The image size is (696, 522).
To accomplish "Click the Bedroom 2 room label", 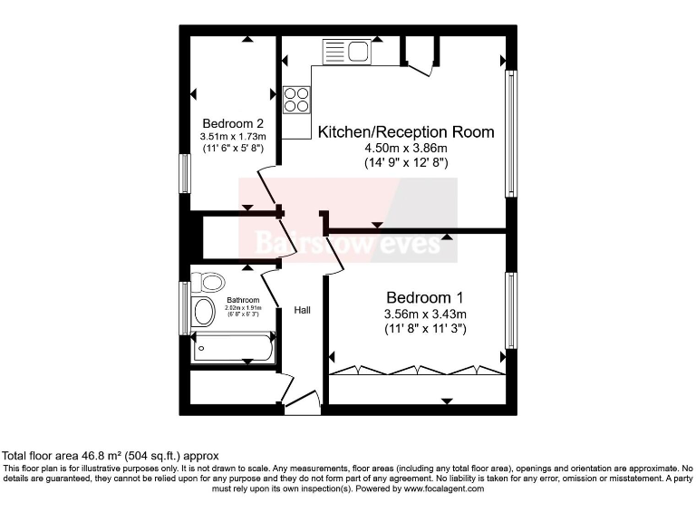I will coord(233,123).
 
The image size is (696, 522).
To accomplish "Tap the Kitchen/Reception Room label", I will coord(406,132).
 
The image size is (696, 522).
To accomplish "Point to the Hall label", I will coord(302,311).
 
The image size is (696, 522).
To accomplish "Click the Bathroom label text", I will coord(243,300).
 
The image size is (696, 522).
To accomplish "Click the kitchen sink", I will coord(345,51).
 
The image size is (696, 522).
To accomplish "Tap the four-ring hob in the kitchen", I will coord(296,99).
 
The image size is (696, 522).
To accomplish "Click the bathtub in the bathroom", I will coord(232,348).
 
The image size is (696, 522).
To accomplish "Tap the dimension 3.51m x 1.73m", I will coord(233,137).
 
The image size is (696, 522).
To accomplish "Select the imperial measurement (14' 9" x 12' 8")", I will coord(406,163).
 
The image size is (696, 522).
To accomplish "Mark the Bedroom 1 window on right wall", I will coord(511,310).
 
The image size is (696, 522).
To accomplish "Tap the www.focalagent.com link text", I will coord(440,488).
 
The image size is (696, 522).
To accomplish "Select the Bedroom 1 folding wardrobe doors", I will coord(416,370).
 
